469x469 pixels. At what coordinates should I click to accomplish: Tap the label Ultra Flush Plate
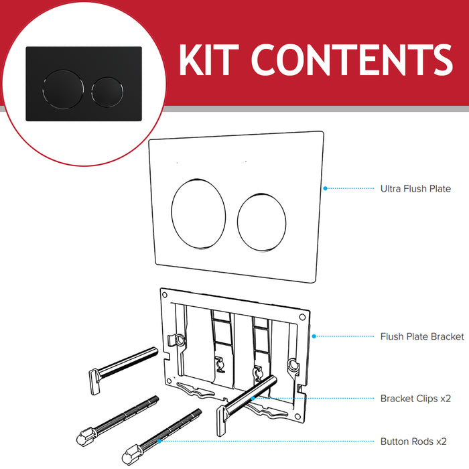415,189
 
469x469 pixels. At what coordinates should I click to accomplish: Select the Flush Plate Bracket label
421,336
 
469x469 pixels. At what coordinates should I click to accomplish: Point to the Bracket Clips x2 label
415,398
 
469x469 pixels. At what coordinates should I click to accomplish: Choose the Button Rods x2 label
413,442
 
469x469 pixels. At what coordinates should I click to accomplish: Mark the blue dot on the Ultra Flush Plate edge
324,188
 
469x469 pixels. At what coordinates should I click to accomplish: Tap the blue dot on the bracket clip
253,398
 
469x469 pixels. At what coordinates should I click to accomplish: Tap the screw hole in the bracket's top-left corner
164,293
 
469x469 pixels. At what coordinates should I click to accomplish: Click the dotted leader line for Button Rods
268,442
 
